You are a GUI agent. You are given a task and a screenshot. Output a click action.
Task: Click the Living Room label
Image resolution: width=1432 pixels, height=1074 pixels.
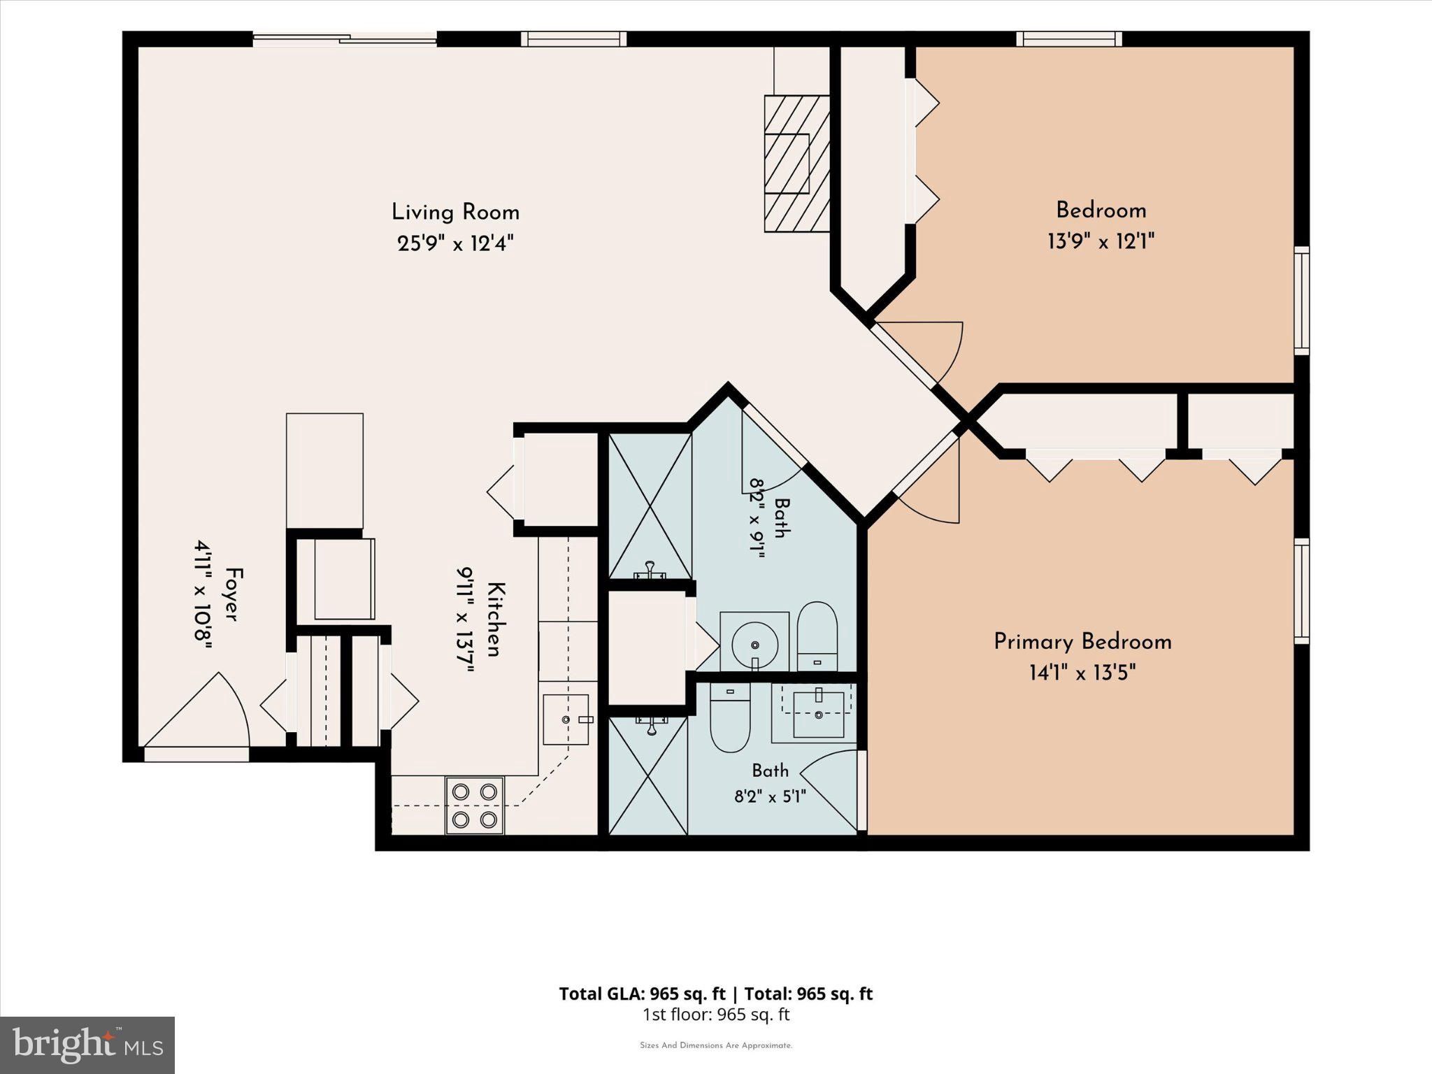point(455,213)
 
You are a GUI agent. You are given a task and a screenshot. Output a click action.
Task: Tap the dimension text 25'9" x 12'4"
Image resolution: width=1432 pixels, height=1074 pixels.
point(455,244)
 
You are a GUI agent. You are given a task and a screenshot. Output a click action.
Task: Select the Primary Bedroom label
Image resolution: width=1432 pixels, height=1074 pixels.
point(1082,642)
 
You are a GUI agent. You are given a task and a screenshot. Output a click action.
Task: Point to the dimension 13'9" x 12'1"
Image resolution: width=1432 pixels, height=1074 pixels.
point(1101,242)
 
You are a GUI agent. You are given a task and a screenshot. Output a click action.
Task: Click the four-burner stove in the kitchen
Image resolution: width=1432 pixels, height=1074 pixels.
point(475,805)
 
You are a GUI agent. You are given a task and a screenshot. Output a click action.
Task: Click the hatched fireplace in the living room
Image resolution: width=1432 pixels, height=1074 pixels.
point(797,164)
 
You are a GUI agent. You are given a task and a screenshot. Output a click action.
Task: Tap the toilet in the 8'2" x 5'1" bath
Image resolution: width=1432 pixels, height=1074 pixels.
point(730,717)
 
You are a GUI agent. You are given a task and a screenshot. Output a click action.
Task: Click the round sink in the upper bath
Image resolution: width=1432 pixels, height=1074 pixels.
point(754,642)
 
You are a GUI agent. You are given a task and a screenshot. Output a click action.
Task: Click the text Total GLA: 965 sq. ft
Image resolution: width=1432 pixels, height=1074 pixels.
point(643,994)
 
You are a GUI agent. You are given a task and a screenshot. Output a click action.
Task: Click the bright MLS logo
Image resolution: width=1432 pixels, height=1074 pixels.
point(87,1045)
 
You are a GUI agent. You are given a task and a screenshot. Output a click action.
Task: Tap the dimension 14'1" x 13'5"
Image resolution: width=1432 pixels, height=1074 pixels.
point(1082,673)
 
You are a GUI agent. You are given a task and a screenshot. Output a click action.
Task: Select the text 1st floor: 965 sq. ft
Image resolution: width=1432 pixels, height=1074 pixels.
point(716,1015)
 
